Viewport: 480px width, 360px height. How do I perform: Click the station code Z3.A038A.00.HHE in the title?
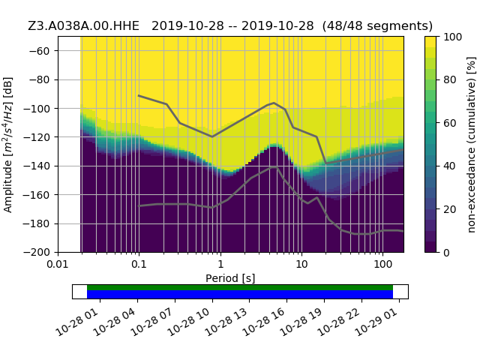[x=86, y=25]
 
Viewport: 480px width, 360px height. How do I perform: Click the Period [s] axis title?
[x=230, y=277]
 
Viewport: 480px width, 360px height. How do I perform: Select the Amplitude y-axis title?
[x=8, y=144]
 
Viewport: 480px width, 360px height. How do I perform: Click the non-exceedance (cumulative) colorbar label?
[x=471, y=144]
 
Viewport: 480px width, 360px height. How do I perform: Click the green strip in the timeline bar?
[x=240, y=287]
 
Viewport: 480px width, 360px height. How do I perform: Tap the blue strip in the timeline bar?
[x=240, y=295]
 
